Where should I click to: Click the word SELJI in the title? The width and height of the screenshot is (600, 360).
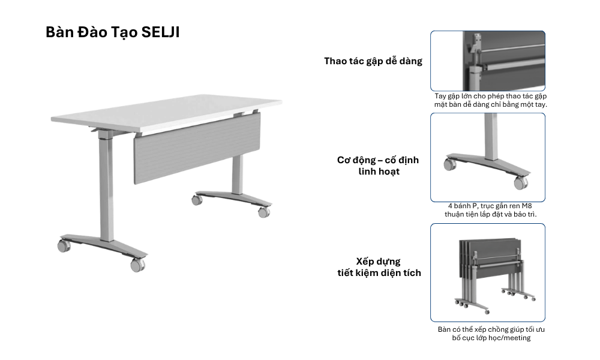pyautogui.click(x=160, y=32)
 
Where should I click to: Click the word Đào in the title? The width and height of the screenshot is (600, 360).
pyautogui.click(x=92, y=32)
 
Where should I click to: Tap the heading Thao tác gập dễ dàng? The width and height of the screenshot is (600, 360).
pyautogui.click(x=373, y=61)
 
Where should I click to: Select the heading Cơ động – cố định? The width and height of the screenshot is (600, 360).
pyautogui.click(x=378, y=160)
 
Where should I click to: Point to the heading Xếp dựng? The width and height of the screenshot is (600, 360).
pyautogui.click(x=379, y=262)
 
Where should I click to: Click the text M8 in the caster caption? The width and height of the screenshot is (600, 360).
pyautogui.click(x=527, y=206)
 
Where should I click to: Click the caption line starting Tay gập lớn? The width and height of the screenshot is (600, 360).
pyautogui.click(x=491, y=96)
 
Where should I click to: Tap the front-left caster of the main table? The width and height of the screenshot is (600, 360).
pyautogui.click(x=64, y=245)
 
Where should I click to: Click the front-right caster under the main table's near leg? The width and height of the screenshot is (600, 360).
pyautogui.click(x=137, y=265)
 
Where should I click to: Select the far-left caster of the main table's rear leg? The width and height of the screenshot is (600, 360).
pyautogui.click(x=197, y=200)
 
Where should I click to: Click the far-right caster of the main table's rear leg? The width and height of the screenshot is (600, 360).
pyautogui.click(x=263, y=212)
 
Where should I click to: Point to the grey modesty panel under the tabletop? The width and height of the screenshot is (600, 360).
pyautogui.click(x=197, y=147)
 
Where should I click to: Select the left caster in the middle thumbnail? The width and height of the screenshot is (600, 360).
pyautogui.click(x=449, y=165)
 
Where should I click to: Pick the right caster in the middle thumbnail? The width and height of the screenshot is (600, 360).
pyautogui.click(x=520, y=183)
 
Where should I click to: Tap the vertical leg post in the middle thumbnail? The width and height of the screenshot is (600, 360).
pyautogui.click(x=491, y=136)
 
